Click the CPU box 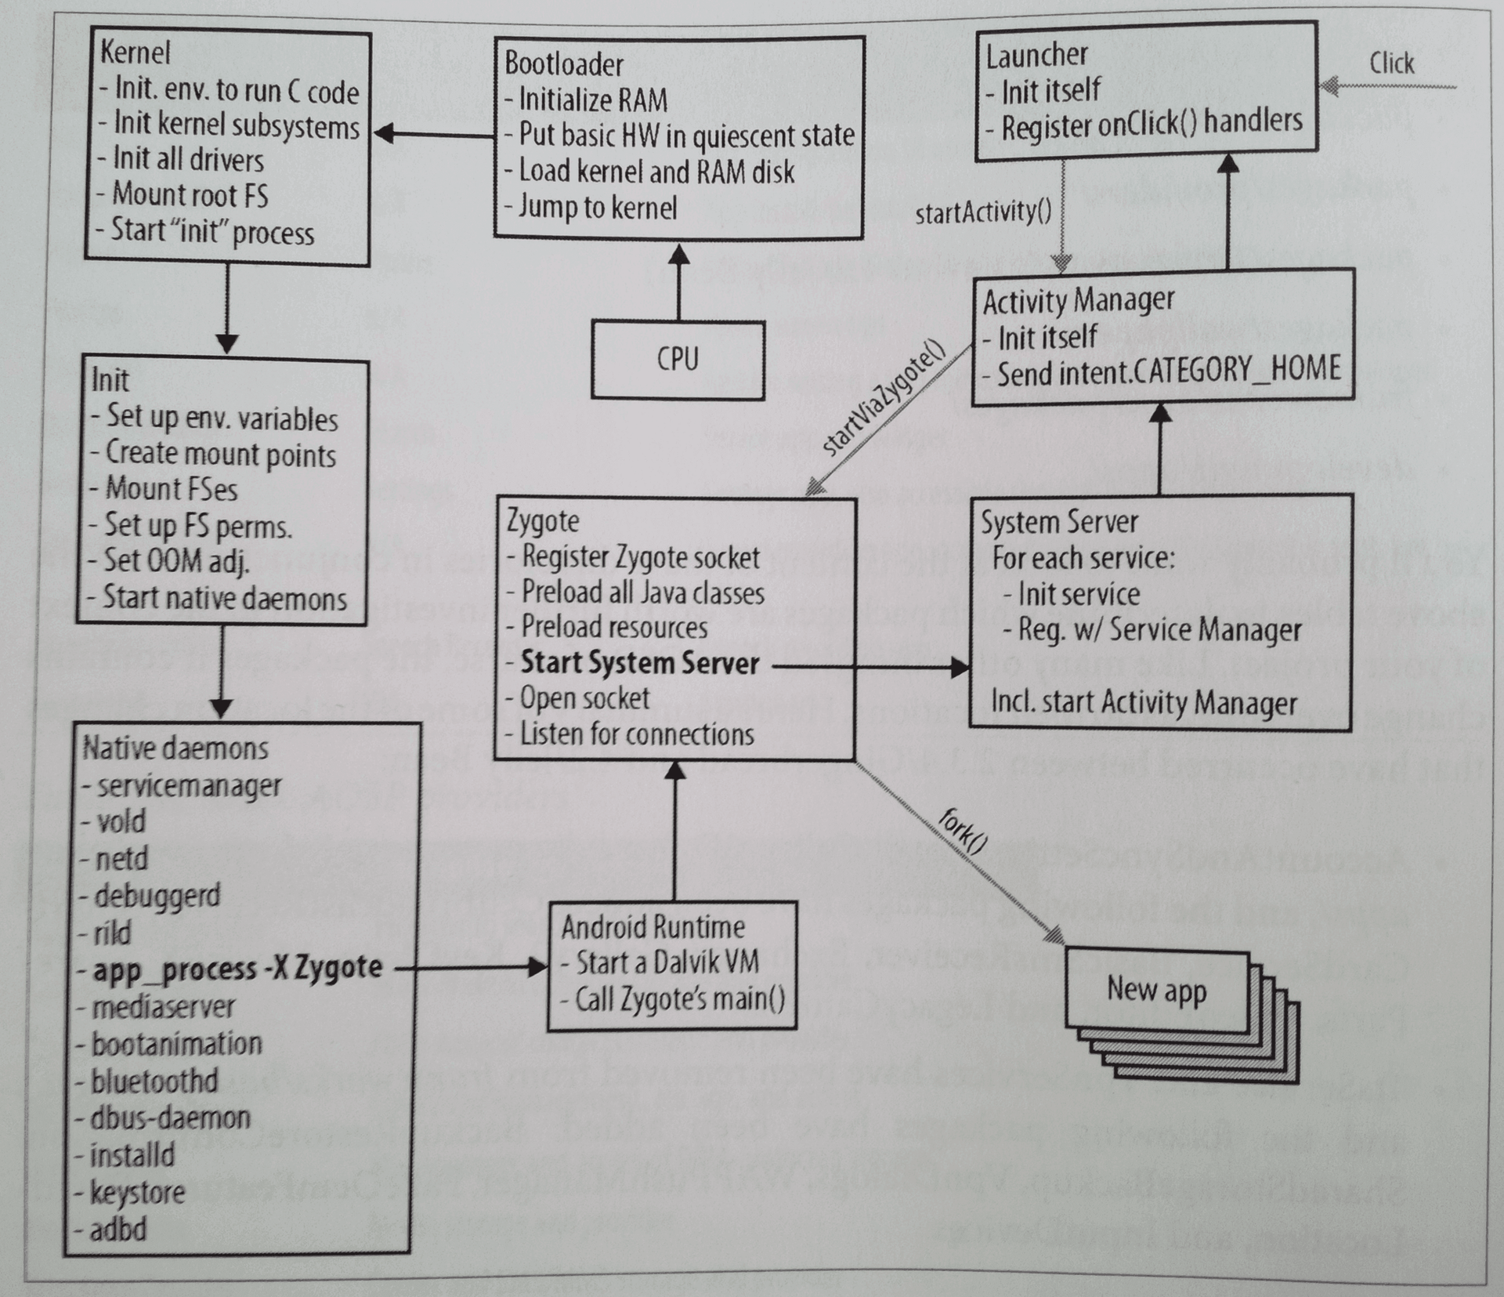678,360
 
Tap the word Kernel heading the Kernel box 135,53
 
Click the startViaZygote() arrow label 884,397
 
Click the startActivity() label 983,212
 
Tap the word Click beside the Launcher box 1391,63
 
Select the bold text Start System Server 640,663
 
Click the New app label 1156,990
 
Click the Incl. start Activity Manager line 1144,703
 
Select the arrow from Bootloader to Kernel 434,134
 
